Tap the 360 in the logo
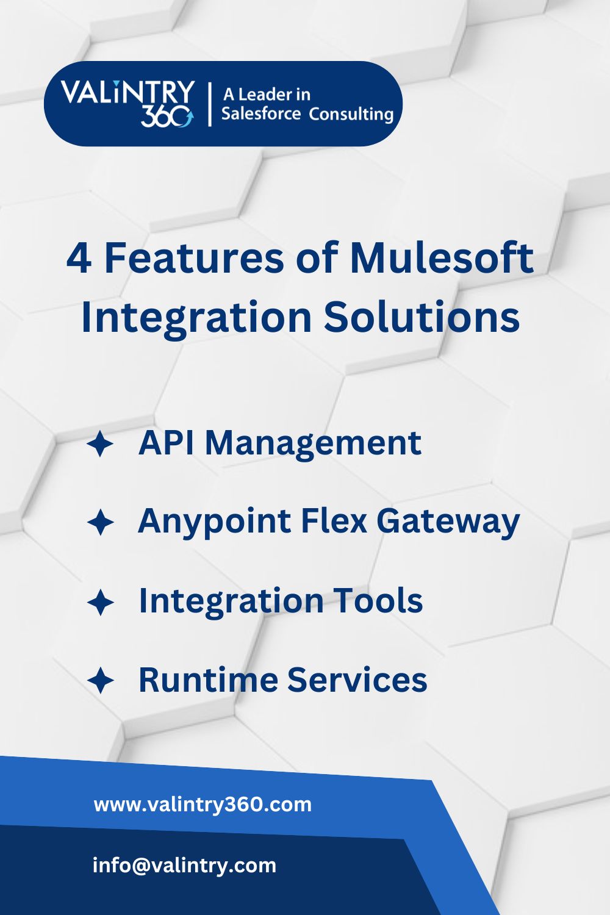click(167, 117)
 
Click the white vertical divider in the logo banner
click(210, 104)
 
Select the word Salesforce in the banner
click(260, 114)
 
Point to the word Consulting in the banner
click(351, 115)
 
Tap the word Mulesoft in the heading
click(442, 258)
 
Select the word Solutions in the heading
click(422, 317)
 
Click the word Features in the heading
click(193, 258)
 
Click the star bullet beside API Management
click(100, 443)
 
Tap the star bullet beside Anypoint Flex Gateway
click(100, 522)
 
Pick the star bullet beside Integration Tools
click(100, 602)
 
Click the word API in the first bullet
click(166, 443)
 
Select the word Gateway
click(448, 523)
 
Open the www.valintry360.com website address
click(203, 805)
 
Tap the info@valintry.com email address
click(184, 866)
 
